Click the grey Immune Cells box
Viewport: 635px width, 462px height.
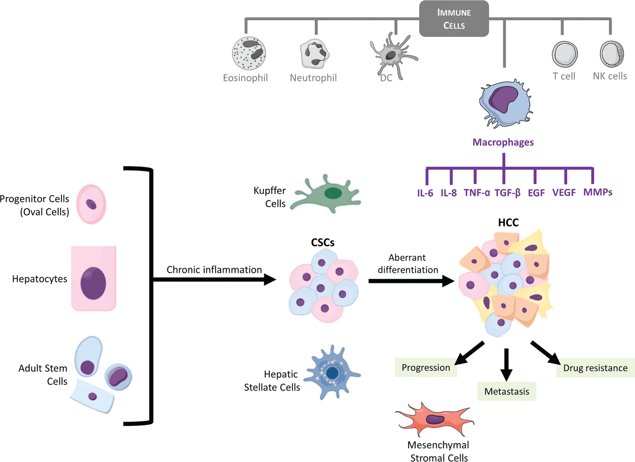pyautogui.click(x=454, y=19)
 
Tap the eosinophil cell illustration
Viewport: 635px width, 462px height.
pyautogui.click(x=249, y=54)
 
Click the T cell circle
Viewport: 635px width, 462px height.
pyautogui.click(x=564, y=54)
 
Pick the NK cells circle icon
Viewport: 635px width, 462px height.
pyautogui.click(x=611, y=53)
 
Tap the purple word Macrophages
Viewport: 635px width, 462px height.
pyautogui.click(x=503, y=142)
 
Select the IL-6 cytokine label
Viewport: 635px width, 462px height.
pyautogui.click(x=425, y=193)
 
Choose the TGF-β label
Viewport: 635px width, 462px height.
pyautogui.click(x=507, y=193)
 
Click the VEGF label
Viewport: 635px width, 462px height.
pyautogui.click(x=564, y=193)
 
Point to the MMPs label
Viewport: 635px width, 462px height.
pyautogui.click(x=597, y=192)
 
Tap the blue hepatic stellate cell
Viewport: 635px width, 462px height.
pyautogui.click(x=332, y=372)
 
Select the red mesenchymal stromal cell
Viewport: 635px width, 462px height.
pyautogui.click(x=433, y=420)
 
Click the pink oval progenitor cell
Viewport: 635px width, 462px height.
pyautogui.click(x=91, y=205)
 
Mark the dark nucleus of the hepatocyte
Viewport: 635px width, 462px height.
pyautogui.click(x=93, y=283)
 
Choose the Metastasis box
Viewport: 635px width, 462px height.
pyautogui.click(x=506, y=392)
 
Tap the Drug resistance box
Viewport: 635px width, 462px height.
pyautogui.click(x=595, y=368)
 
